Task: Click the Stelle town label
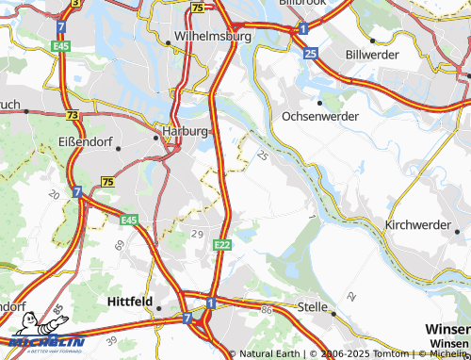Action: (x=312, y=306)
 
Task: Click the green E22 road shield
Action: (x=221, y=245)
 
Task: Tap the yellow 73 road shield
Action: (x=73, y=113)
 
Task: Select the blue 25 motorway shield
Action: (x=311, y=54)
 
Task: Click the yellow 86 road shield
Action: (x=267, y=309)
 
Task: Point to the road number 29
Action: (x=197, y=233)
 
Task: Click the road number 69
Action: (x=120, y=244)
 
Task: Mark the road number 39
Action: (x=111, y=340)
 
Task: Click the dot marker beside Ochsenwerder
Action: (x=319, y=103)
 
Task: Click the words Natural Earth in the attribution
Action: (x=269, y=354)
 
